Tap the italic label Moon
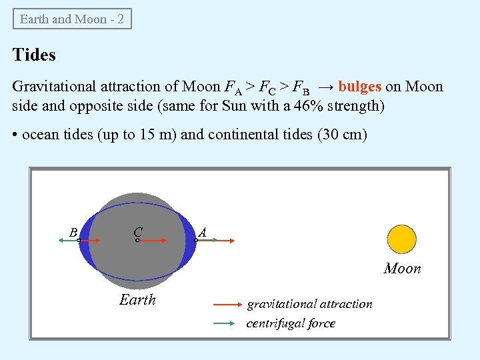click(x=402, y=269)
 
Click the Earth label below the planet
click(x=137, y=300)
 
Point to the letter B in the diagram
click(x=73, y=233)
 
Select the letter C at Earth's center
click(x=137, y=231)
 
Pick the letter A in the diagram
click(x=202, y=232)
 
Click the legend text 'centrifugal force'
click(x=291, y=324)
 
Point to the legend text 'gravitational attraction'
click(x=310, y=304)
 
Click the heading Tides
click(x=34, y=55)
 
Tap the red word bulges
click(x=360, y=87)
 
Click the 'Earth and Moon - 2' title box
click(x=72, y=19)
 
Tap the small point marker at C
click(x=137, y=240)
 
